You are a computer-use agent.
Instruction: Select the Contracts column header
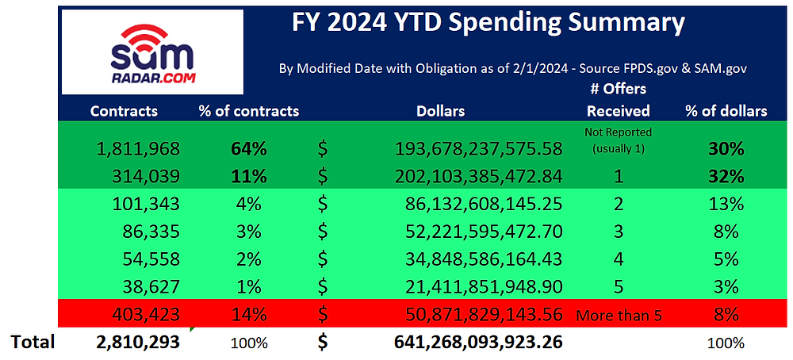pyautogui.click(x=124, y=111)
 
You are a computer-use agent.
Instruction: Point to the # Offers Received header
pyautogui.click(x=618, y=100)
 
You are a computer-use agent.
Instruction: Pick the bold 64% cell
pyautogui.click(x=248, y=147)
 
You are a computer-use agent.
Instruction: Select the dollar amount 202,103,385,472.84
pyautogui.click(x=478, y=175)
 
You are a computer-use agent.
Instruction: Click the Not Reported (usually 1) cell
pyautogui.click(x=618, y=140)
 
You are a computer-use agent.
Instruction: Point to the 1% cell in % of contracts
pyautogui.click(x=248, y=287)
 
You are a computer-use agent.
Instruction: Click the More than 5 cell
pyautogui.click(x=618, y=316)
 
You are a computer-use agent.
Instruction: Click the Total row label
pyautogui.click(x=33, y=342)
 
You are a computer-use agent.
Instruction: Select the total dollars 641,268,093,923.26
pyautogui.click(x=478, y=343)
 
